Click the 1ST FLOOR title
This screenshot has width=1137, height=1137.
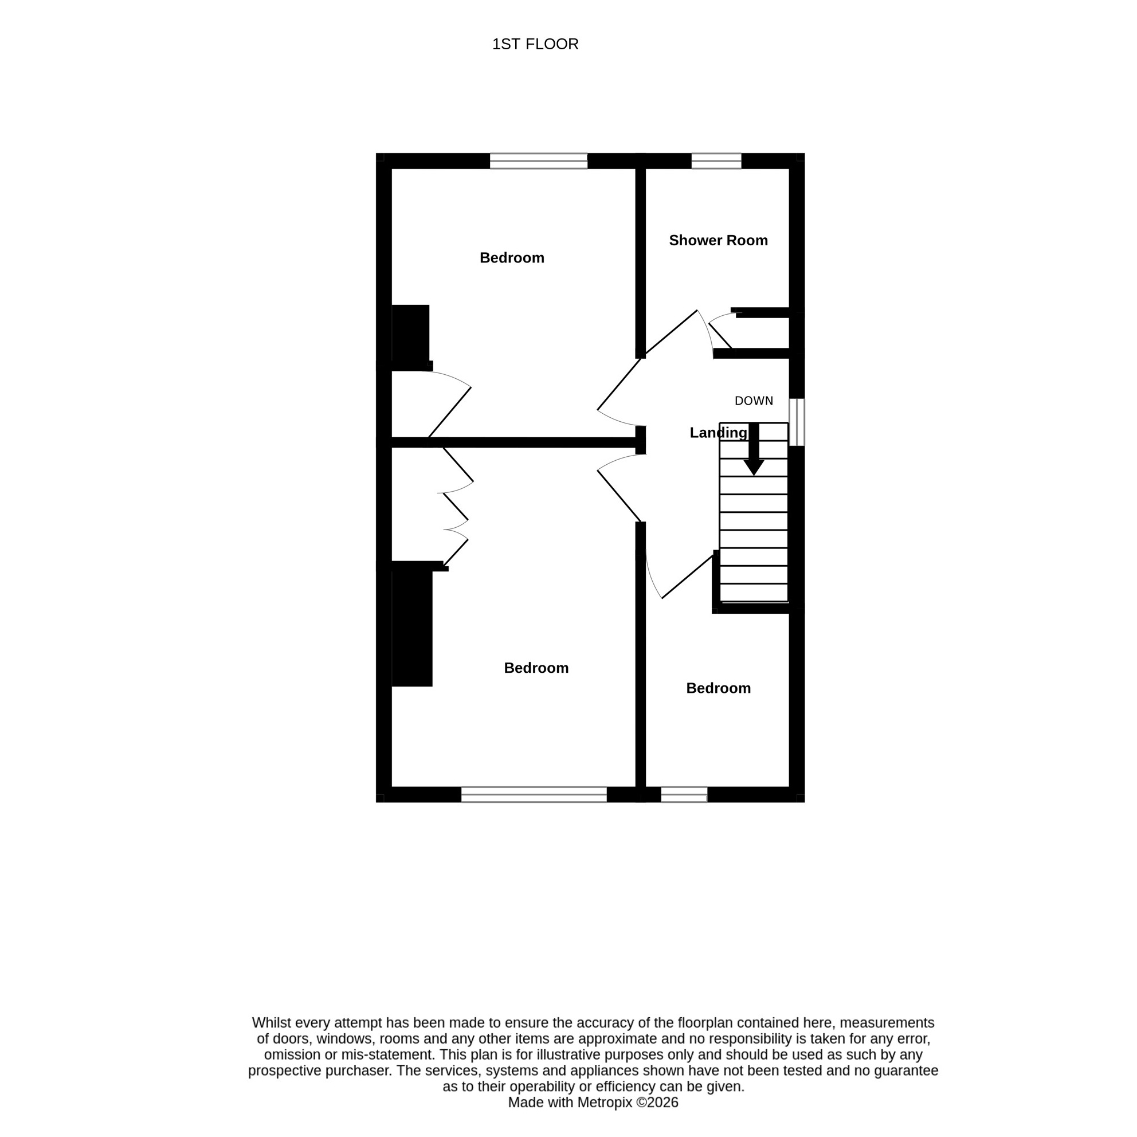click(x=535, y=44)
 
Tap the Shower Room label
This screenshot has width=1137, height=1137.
click(x=718, y=240)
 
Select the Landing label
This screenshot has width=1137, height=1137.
click(x=718, y=433)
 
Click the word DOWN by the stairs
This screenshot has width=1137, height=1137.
click(x=753, y=401)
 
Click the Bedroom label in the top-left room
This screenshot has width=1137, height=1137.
click(x=511, y=258)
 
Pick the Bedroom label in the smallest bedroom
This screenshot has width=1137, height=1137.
click(x=718, y=688)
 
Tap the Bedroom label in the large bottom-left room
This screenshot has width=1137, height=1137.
click(x=536, y=668)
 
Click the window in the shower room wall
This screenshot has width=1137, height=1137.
click(x=716, y=160)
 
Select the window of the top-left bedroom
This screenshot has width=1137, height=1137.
click(x=539, y=160)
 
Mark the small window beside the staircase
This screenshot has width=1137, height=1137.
click(x=796, y=422)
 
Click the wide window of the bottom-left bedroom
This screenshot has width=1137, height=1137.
click(x=534, y=794)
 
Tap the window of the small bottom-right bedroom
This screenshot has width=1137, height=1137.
click(x=684, y=794)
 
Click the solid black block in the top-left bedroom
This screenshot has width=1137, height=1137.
click(x=410, y=334)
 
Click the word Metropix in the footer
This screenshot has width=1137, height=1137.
click(x=605, y=1102)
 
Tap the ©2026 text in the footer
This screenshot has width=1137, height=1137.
click(x=657, y=1102)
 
